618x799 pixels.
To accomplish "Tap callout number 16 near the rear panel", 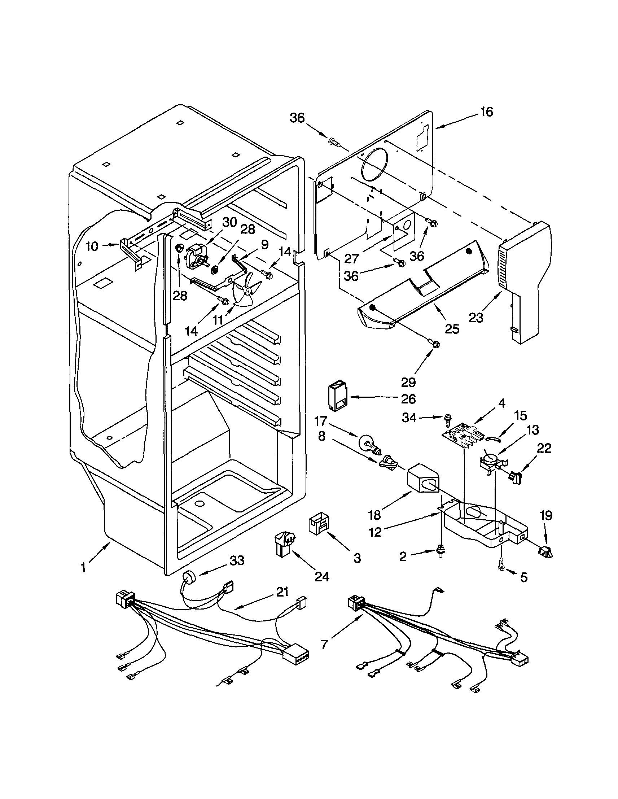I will click(x=486, y=112).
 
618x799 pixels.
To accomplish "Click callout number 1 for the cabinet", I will click(x=83, y=568).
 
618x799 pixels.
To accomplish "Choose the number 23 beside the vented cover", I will click(x=476, y=318).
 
